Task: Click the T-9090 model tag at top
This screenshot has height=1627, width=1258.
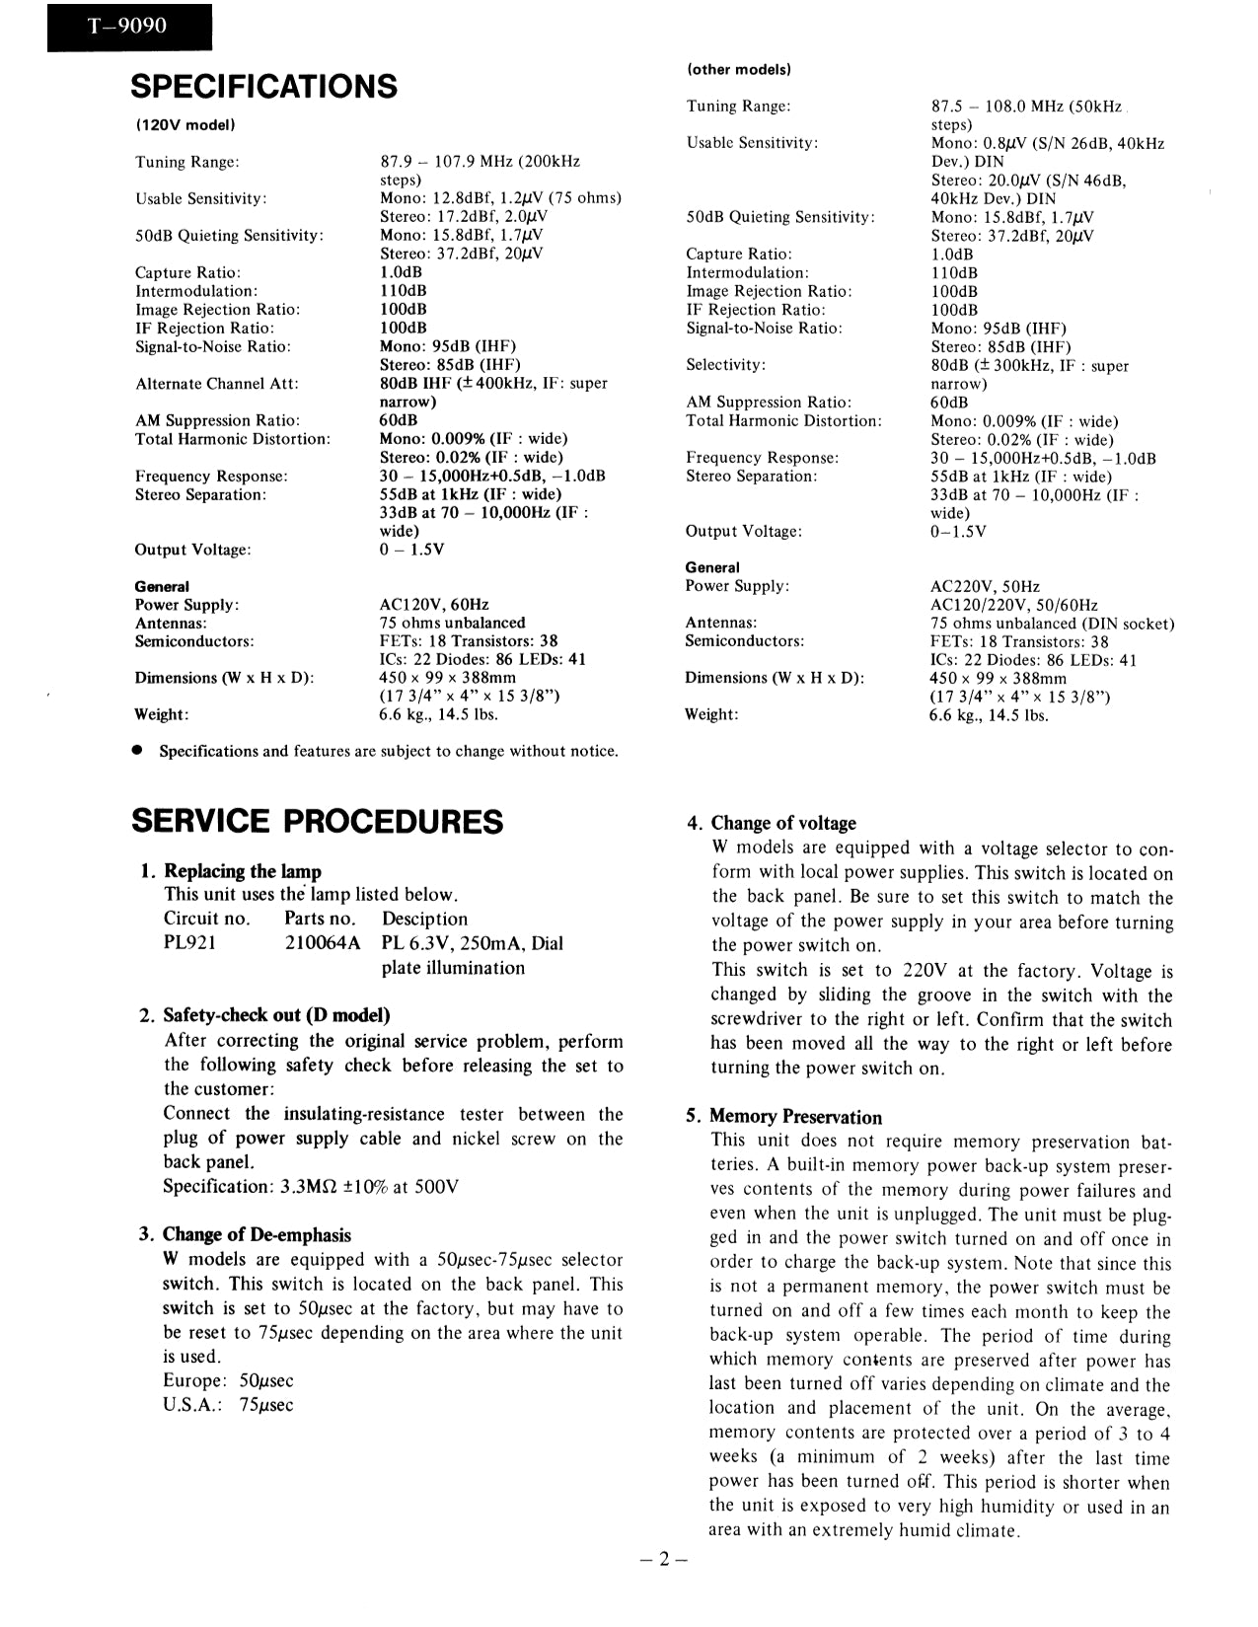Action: [x=128, y=26]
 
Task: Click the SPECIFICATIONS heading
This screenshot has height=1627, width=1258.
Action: [x=263, y=86]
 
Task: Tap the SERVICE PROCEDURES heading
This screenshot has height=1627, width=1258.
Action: [x=317, y=821]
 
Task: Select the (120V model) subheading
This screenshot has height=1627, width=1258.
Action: [x=185, y=125]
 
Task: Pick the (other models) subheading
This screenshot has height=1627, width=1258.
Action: [x=739, y=70]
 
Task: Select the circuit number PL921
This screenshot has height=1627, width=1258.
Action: [x=189, y=943]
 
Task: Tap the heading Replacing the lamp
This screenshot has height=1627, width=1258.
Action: [x=242, y=871]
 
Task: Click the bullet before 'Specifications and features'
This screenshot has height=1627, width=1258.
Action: [x=139, y=751]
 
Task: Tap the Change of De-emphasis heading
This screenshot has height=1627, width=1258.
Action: [x=257, y=1234]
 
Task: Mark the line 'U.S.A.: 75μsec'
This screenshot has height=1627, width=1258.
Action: [x=228, y=1405]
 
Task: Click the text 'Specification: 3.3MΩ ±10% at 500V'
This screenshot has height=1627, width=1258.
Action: [x=311, y=1186]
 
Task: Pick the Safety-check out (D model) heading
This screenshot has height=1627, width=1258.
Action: [x=276, y=1015]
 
